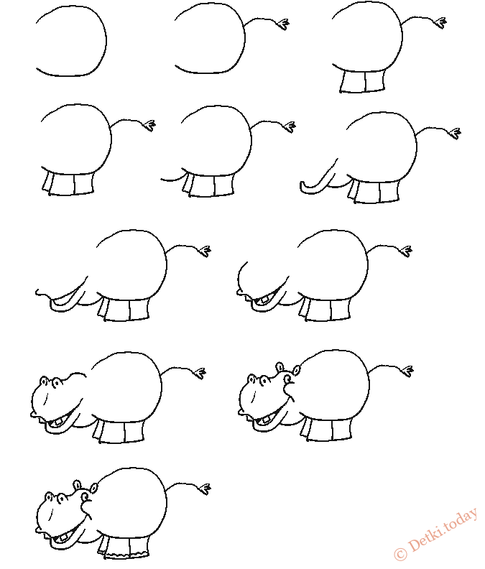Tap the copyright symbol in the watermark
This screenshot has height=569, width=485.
pos(400,554)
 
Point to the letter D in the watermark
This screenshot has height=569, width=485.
pos(414,546)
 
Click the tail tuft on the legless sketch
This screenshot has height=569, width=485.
pos(283,24)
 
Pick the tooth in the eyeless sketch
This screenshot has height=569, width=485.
pos(264,300)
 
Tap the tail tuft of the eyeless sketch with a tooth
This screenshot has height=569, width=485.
pos(406,251)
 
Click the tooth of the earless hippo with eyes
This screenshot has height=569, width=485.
pos(59,422)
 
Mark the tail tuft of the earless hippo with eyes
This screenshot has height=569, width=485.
pos(200,373)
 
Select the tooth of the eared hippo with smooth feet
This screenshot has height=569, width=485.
pos(266,420)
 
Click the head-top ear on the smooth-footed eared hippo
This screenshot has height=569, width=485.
pos(280,366)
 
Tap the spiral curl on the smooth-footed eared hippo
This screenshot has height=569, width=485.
pos(288,379)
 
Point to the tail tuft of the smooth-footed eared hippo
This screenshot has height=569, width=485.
pos(407,371)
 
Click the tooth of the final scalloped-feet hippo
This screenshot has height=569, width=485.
pos(64,537)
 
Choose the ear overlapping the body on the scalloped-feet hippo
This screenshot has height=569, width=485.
pos(93,488)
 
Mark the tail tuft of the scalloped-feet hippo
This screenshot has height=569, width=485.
pos(205,489)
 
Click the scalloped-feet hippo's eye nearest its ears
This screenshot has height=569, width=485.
pos(61,499)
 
